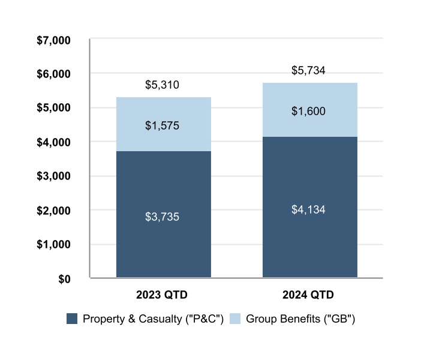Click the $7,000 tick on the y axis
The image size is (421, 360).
click(54, 40)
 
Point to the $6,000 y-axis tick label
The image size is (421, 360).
click(54, 74)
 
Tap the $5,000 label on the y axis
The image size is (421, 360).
click(54, 109)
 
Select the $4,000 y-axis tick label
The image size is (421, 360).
click(54, 143)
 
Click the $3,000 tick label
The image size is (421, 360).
click(54, 177)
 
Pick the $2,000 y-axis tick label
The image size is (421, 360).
click(54, 211)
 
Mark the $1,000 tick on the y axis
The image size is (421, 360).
click(54, 245)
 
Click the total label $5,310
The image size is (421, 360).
click(162, 85)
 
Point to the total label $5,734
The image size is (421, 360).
click(308, 71)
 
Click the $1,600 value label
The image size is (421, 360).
click(308, 112)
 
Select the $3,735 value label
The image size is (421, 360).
click(162, 217)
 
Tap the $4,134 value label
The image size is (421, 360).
click(308, 210)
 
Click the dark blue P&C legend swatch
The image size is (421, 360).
click(72, 319)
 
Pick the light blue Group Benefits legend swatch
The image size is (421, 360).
click(234, 319)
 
